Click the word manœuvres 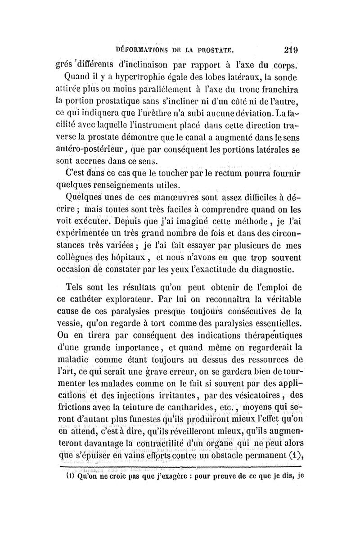point(172,197)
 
